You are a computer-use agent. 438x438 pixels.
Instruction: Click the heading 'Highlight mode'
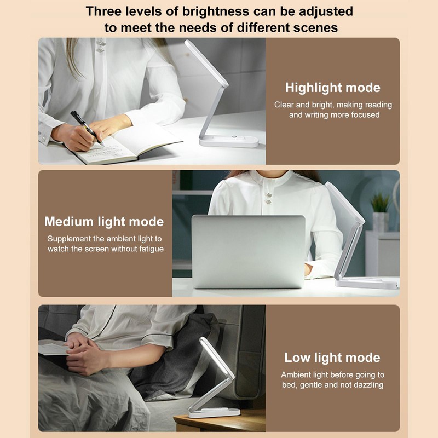click(x=332, y=88)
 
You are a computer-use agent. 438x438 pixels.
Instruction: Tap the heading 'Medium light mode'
click(x=104, y=222)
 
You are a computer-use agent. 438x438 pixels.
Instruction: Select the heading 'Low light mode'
click(x=332, y=358)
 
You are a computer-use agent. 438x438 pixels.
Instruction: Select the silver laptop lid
click(x=248, y=251)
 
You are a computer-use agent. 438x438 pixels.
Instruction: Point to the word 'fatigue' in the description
click(x=148, y=249)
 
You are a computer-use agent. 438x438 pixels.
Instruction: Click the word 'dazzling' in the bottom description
click(x=365, y=385)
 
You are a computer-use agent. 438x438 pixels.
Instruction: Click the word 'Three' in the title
click(x=106, y=11)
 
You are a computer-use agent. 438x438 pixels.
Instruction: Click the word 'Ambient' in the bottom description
click(x=300, y=375)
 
